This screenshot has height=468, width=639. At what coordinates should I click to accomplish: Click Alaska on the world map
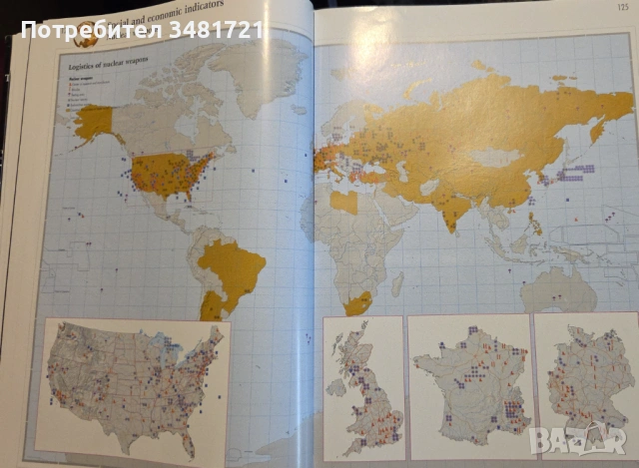pos(93,122)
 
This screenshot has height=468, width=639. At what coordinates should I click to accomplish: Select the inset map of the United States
pos(132,384)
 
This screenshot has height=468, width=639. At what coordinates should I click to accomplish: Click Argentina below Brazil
pos(211,305)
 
